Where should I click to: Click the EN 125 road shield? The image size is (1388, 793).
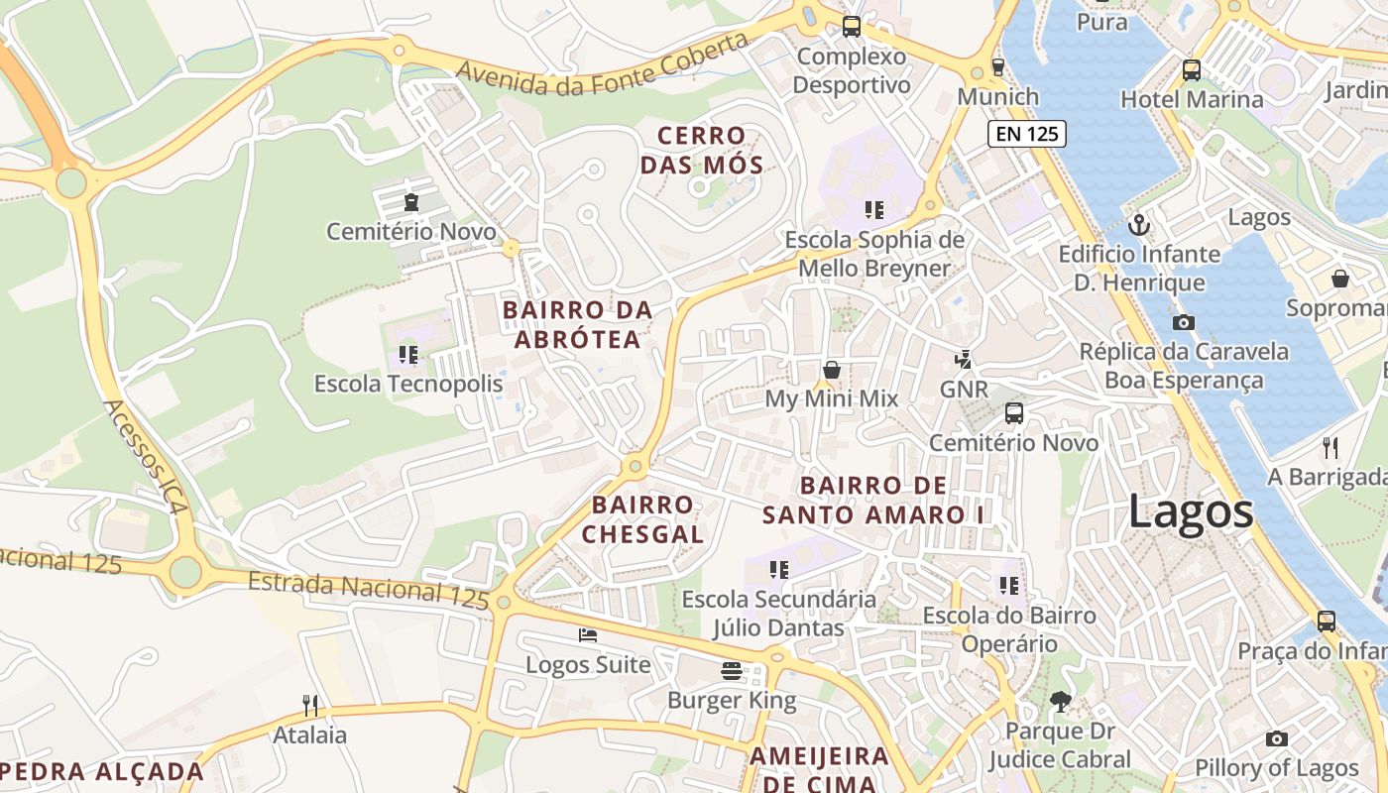click(x=1026, y=134)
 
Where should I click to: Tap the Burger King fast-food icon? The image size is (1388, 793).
click(x=732, y=671)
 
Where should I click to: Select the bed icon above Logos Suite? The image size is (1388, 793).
click(x=588, y=635)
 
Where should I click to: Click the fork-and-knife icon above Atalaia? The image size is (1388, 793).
click(x=311, y=706)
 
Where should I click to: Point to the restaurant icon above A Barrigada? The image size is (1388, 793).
click(x=1330, y=448)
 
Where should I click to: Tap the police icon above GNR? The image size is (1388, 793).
click(x=963, y=359)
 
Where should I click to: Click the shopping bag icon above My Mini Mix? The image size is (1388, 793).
click(x=832, y=370)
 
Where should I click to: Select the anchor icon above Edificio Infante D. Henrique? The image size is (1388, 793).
click(x=1139, y=225)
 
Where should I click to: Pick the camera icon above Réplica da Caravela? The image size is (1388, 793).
click(x=1183, y=322)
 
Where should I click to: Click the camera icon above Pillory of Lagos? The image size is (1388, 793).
click(x=1277, y=738)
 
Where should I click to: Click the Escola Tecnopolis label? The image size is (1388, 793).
click(x=408, y=384)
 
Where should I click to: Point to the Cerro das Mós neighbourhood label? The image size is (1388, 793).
click(x=702, y=150)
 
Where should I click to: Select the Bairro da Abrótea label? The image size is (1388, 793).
click(x=577, y=324)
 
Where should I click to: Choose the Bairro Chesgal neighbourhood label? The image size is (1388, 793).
click(x=642, y=519)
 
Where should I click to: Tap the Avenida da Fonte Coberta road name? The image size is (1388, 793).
click(x=602, y=65)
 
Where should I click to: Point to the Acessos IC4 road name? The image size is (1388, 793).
click(x=145, y=457)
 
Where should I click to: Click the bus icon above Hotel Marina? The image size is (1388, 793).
click(x=1192, y=70)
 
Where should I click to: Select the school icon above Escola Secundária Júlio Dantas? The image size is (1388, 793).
click(x=779, y=570)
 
